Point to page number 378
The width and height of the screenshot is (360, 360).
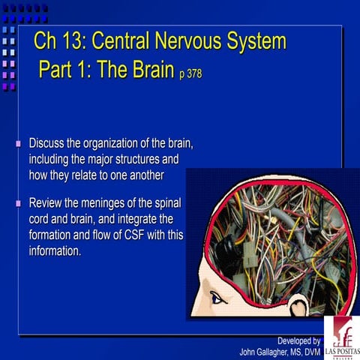[x=190, y=74]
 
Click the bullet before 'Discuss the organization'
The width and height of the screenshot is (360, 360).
[x=19, y=142]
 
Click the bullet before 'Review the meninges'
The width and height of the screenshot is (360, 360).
[x=19, y=203]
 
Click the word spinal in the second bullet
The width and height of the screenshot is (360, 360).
[x=166, y=203]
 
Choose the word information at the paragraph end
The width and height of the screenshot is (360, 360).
[x=55, y=250]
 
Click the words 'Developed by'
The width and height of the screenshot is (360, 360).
[x=298, y=340]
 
